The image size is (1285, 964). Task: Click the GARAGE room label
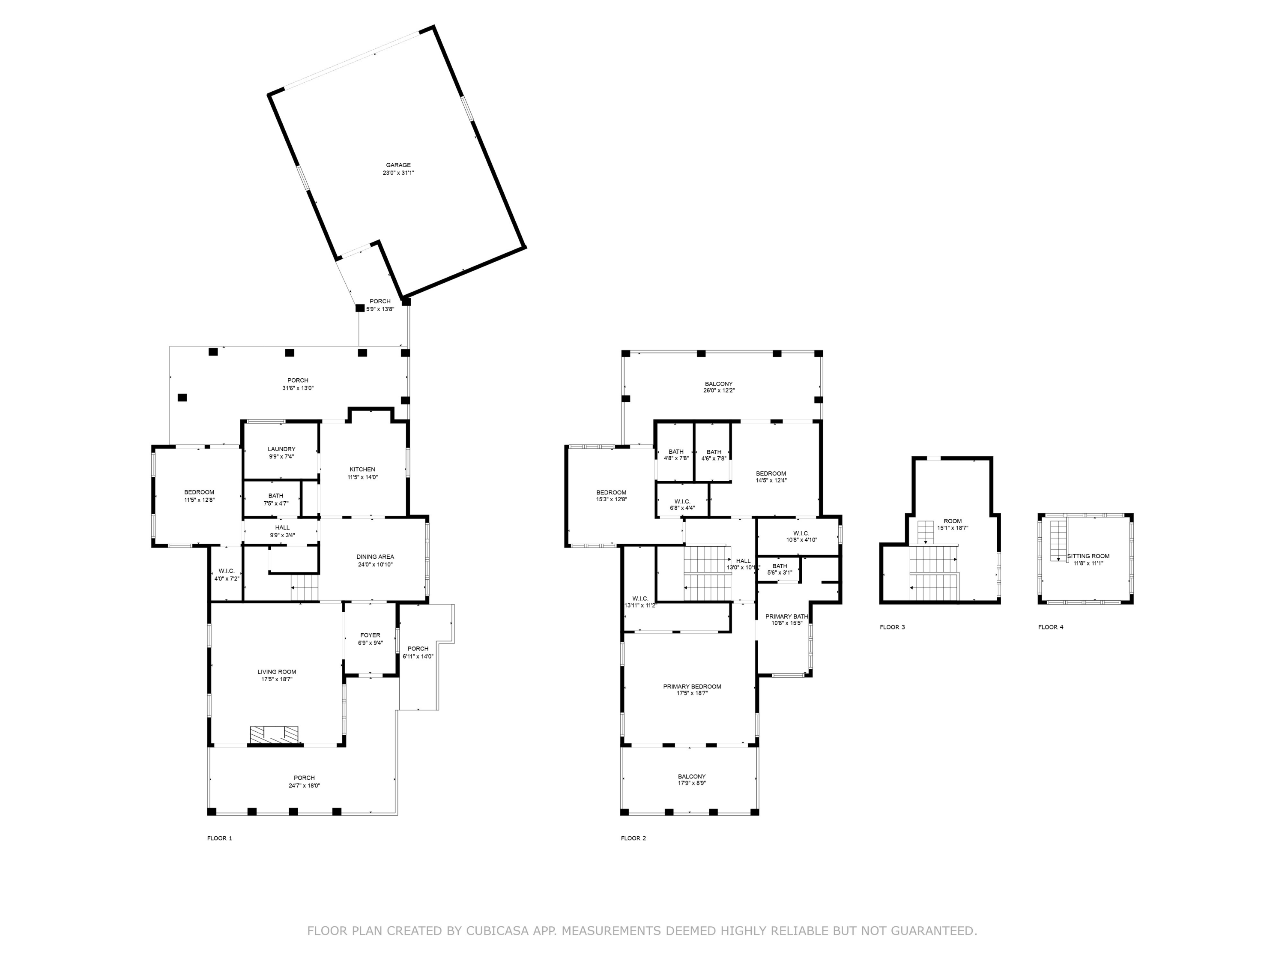tap(398, 165)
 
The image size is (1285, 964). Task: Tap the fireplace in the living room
tap(274, 734)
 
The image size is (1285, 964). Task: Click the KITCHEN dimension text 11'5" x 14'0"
tap(362, 477)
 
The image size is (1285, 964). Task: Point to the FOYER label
tap(370, 635)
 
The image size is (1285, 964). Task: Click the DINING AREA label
tap(375, 557)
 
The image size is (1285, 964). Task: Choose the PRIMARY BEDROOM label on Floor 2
tap(692, 686)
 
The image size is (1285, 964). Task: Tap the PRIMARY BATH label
tap(786, 617)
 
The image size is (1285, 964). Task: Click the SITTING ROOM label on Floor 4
tap(1088, 556)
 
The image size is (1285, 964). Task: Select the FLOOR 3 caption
tap(892, 627)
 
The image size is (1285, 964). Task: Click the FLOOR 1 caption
tap(220, 838)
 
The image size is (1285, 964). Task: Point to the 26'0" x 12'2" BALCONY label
tap(719, 387)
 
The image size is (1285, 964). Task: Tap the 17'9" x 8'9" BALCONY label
tap(691, 780)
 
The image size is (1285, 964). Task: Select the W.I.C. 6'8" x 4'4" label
tap(682, 504)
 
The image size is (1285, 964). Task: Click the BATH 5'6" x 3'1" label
tap(780, 569)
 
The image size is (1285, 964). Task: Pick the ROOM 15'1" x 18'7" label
tap(953, 524)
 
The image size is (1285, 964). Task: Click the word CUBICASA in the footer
tap(497, 931)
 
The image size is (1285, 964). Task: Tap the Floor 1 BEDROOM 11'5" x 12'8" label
tap(199, 496)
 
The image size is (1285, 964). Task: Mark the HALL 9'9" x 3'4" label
tap(282, 531)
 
